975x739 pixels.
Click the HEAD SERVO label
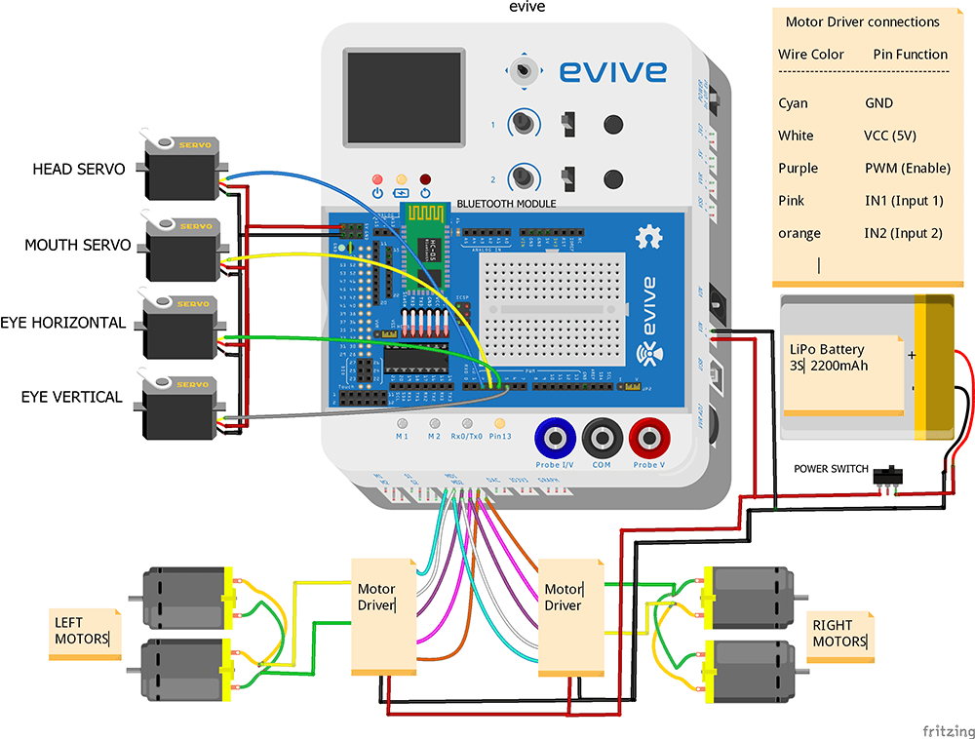click(79, 169)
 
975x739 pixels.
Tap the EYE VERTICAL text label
click(72, 397)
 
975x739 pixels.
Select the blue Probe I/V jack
click(554, 439)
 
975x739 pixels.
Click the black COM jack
click(602, 439)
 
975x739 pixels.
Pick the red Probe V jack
click(648, 439)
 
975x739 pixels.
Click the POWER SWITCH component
click(887, 476)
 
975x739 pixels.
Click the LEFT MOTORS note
click(84, 633)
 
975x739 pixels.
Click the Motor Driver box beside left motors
click(381, 616)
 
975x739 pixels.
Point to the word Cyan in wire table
click(793, 103)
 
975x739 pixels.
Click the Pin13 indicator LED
click(500, 425)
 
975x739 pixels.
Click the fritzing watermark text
click(947, 730)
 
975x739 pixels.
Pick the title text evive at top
click(527, 8)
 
